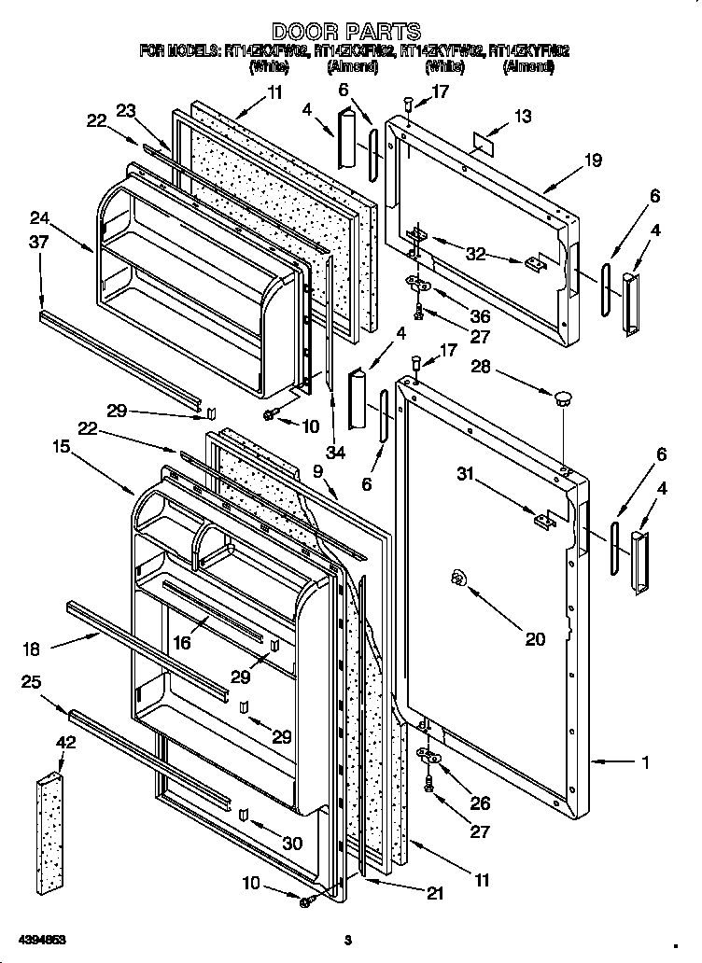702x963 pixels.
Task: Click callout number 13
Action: (x=522, y=116)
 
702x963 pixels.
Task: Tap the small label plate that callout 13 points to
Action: (x=483, y=143)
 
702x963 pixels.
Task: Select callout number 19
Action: (x=593, y=160)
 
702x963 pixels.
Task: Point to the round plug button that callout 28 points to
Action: (x=562, y=399)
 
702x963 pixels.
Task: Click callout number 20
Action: (x=535, y=639)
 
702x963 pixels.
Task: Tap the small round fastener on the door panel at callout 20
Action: (x=458, y=579)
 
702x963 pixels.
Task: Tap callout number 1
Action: (x=644, y=762)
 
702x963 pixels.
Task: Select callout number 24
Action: (x=39, y=220)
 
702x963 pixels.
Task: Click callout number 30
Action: (x=293, y=844)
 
